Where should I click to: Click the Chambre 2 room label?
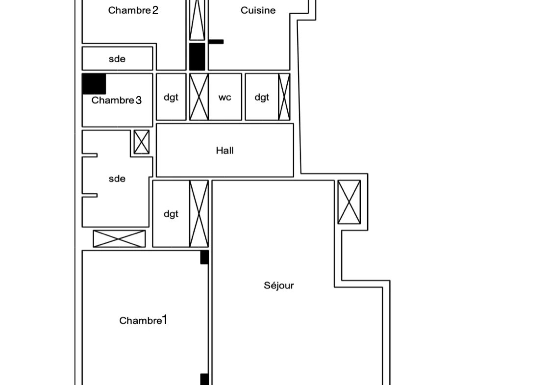click(133, 10)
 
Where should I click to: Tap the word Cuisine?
click(258, 10)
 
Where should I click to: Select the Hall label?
click(225, 151)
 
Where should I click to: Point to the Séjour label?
click(279, 285)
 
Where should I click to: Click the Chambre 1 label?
click(143, 320)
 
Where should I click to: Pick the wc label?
click(225, 98)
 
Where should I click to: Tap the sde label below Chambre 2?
click(117, 59)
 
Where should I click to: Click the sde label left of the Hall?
click(117, 179)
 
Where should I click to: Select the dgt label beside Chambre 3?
click(171, 98)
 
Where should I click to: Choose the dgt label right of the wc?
click(262, 98)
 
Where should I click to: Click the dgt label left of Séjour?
click(171, 214)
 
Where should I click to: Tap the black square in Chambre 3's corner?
click(94, 84)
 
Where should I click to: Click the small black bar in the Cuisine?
click(216, 42)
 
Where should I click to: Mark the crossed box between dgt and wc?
click(199, 97)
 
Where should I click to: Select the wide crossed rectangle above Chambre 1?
click(119, 238)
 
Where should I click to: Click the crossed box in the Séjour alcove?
click(349, 202)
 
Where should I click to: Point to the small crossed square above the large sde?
click(142, 142)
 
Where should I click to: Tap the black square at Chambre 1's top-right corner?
click(204, 257)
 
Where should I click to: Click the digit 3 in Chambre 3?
click(139, 101)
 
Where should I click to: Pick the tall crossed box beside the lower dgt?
click(199, 214)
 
